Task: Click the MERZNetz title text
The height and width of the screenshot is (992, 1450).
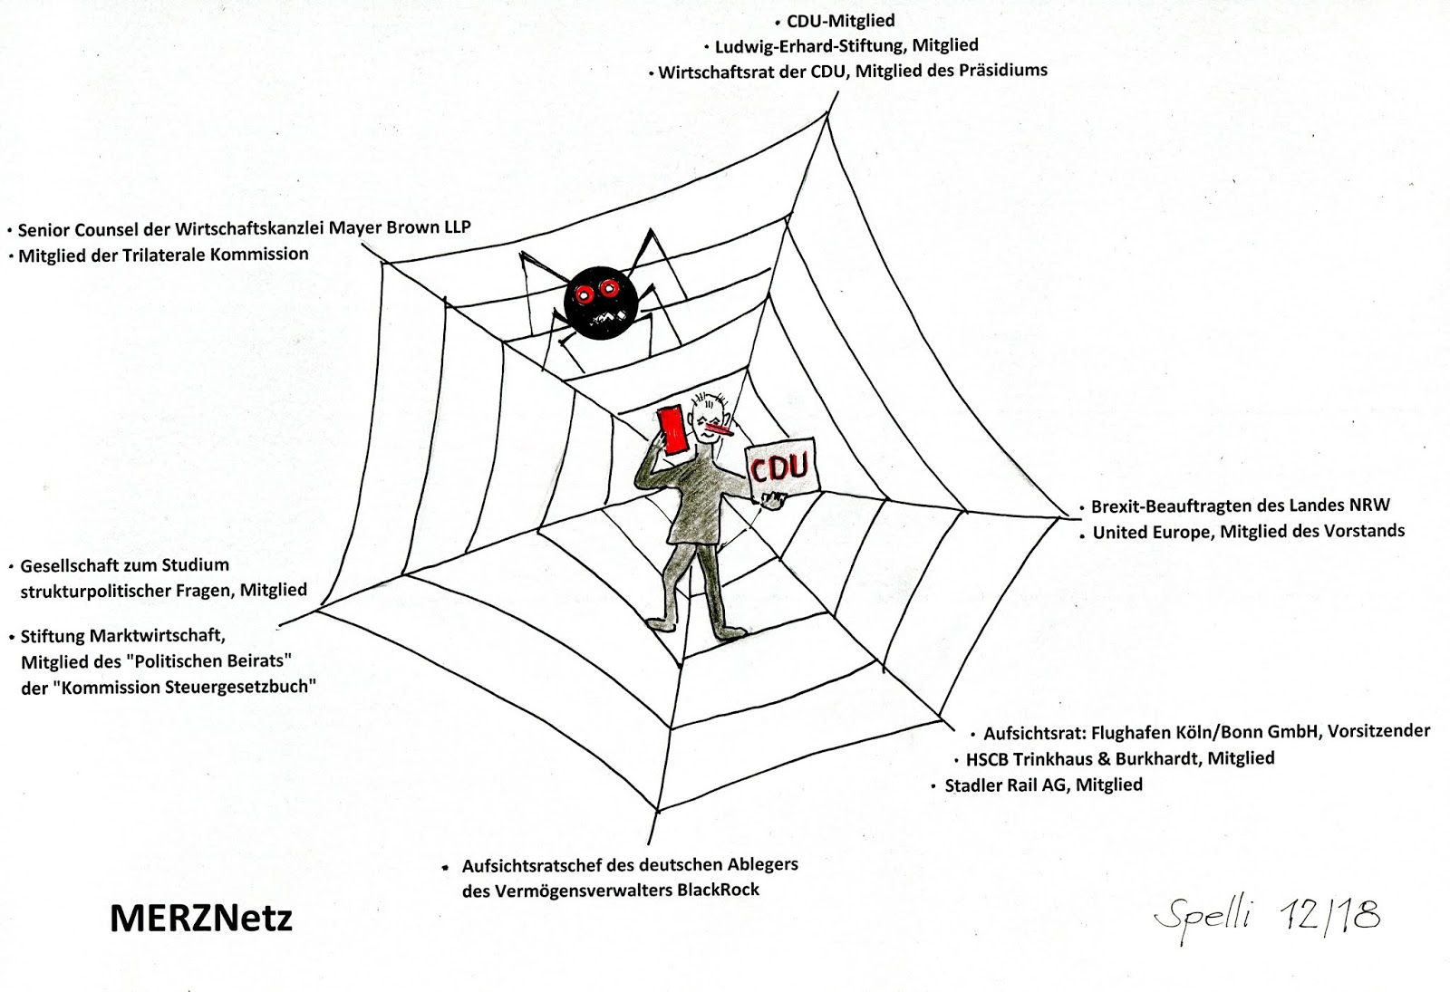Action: (200, 919)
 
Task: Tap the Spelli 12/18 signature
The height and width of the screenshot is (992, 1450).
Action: (1267, 917)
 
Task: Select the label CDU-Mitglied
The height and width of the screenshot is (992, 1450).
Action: (840, 21)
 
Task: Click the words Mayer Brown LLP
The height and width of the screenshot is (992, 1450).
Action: (400, 227)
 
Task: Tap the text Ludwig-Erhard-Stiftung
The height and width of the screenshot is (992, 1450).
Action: (810, 45)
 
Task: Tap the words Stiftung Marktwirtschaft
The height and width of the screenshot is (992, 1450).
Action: (122, 635)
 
